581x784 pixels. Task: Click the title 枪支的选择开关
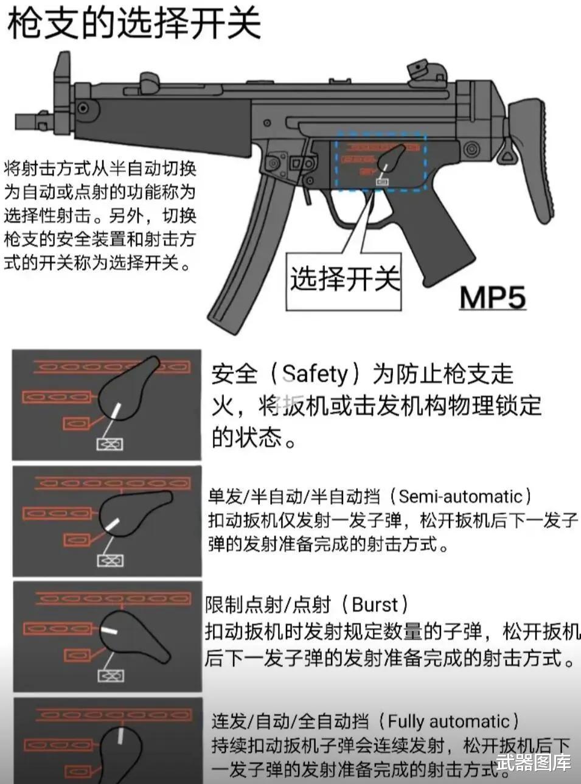coord(134,23)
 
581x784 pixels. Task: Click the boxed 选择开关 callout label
coord(344,280)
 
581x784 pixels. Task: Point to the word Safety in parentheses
coord(315,374)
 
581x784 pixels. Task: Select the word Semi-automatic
coord(461,497)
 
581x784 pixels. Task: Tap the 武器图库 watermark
coord(533,762)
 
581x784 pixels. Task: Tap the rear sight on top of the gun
coord(417,70)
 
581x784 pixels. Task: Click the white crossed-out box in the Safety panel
coord(110,444)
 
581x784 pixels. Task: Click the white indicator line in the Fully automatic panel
coord(120,736)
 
